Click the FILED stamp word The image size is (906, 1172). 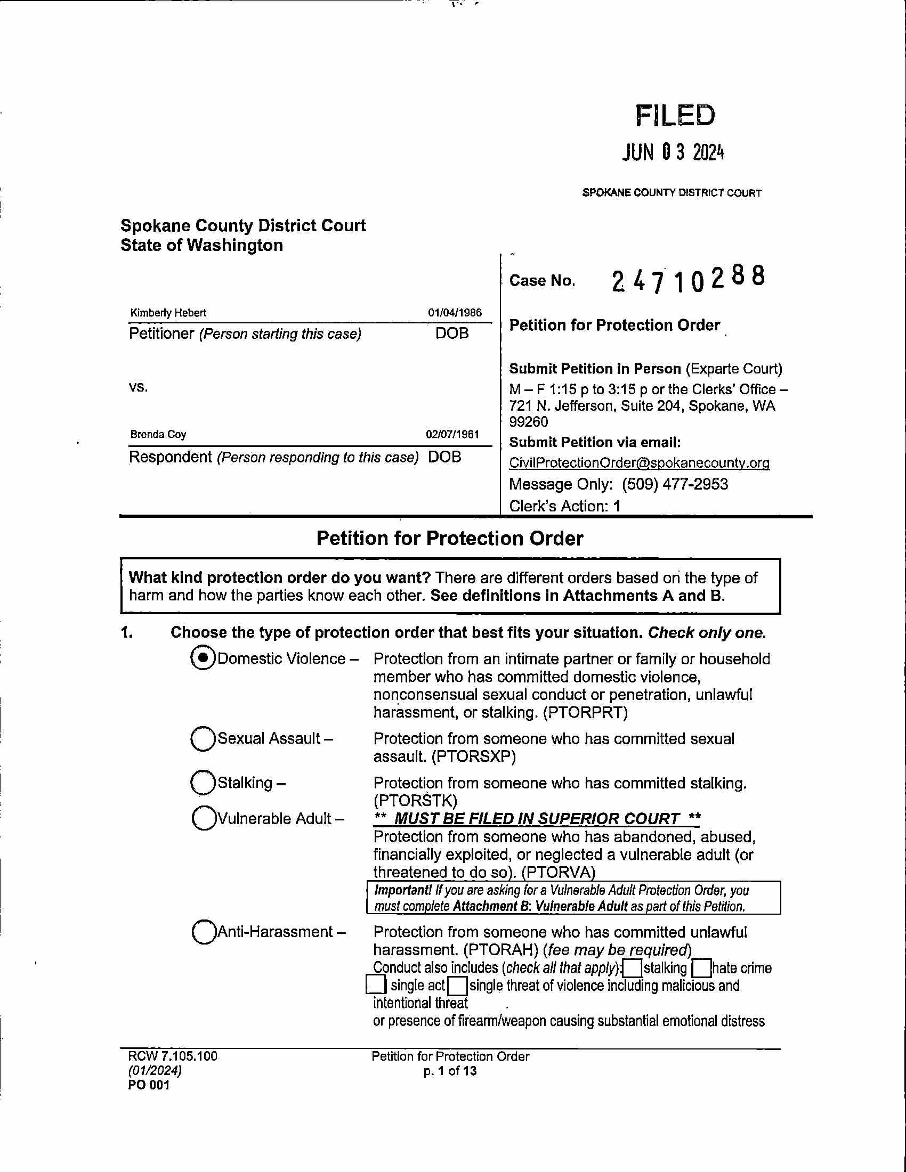[x=675, y=116]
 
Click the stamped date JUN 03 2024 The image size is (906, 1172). [x=673, y=153]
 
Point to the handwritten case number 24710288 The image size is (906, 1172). [x=688, y=279]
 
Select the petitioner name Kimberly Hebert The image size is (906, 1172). [x=168, y=313]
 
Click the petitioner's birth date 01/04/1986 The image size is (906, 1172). [x=455, y=313]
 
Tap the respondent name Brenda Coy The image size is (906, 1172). [x=158, y=434]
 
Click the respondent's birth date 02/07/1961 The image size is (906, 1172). [x=452, y=434]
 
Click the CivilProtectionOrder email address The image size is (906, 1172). [x=638, y=462]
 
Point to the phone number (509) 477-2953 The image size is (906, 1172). [x=675, y=484]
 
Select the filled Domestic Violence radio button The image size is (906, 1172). [x=203, y=658]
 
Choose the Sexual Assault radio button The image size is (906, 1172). [x=203, y=738]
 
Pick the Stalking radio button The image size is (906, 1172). [x=203, y=783]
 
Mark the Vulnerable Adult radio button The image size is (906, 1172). [x=204, y=818]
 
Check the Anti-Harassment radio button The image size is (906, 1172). [x=204, y=932]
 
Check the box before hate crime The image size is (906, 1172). [x=701, y=968]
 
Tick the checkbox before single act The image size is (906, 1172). [x=376, y=985]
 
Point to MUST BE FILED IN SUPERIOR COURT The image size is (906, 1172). [x=537, y=818]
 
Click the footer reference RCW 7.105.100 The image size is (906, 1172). [x=172, y=1056]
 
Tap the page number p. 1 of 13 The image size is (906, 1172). [x=450, y=1071]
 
